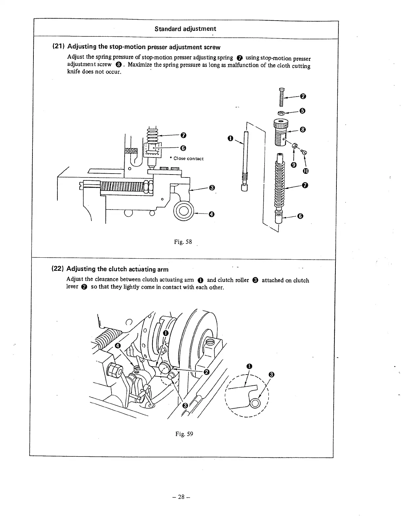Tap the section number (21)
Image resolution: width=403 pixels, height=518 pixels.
[x=59, y=47]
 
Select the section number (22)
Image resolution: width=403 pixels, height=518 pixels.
[x=59, y=269]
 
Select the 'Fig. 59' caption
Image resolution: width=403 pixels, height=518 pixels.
[x=184, y=434]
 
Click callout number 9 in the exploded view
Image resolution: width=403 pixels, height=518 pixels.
[x=294, y=164]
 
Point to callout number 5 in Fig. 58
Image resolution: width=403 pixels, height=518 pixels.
[x=303, y=111]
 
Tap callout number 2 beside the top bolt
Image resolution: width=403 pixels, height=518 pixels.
[x=303, y=96]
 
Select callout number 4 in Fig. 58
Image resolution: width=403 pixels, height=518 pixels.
[x=212, y=214]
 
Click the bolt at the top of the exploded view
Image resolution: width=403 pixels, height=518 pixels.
[x=281, y=97]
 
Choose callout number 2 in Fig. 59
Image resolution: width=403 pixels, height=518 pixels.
[x=206, y=372]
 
